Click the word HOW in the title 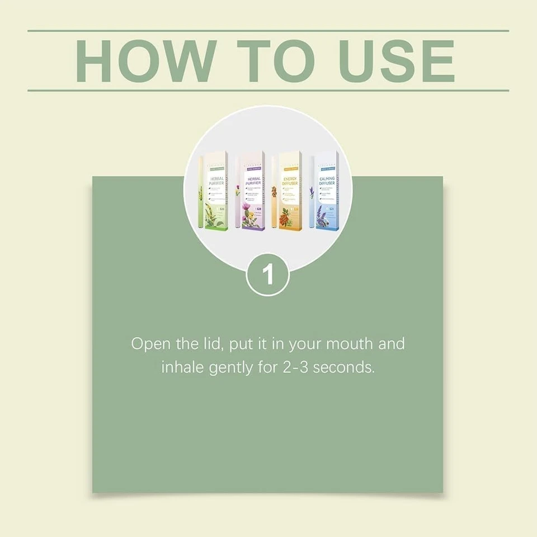tap(141, 60)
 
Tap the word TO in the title tap(267, 60)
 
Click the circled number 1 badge tap(268, 275)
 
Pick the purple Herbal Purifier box tap(249, 190)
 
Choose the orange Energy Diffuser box tap(289, 190)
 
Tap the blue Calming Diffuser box tap(327, 190)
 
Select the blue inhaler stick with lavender tap(312, 193)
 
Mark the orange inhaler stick tap(274, 193)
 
